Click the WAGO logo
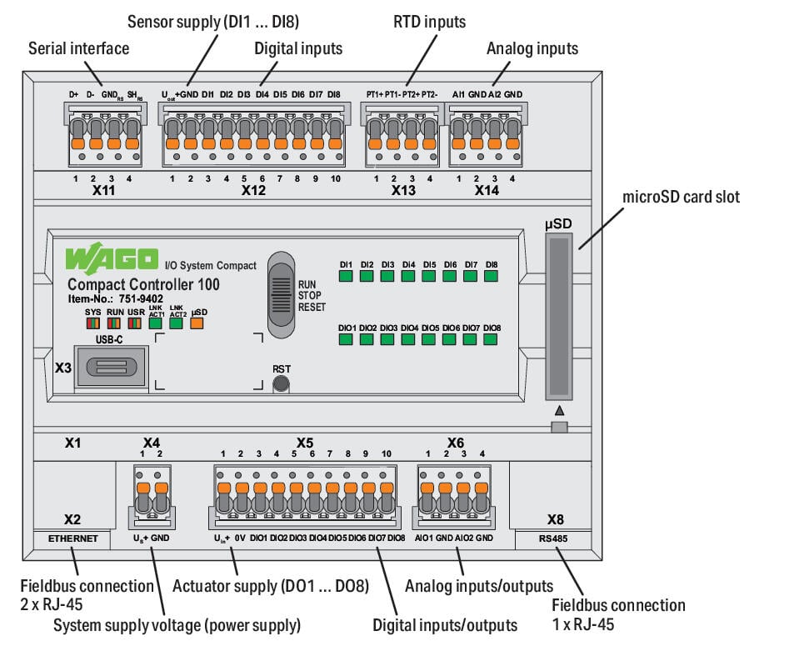pyautogui.click(x=112, y=258)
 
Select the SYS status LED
pyautogui.click(x=92, y=323)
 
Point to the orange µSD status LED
pyautogui.click(x=197, y=323)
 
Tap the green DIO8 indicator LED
pyautogui.click(x=492, y=341)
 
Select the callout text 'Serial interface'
pyautogui.click(x=78, y=48)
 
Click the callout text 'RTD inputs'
pyautogui.click(x=429, y=20)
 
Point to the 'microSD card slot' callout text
pyautogui.click(x=681, y=198)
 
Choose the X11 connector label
pyautogui.click(x=104, y=190)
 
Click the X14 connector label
pyautogui.click(x=487, y=190)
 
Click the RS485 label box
pyautogui.click(x=554, y=538)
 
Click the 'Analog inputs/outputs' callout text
pyautogui.click(x=478, y=586)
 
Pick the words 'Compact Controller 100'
pyautogui.click(x=143, y=284)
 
